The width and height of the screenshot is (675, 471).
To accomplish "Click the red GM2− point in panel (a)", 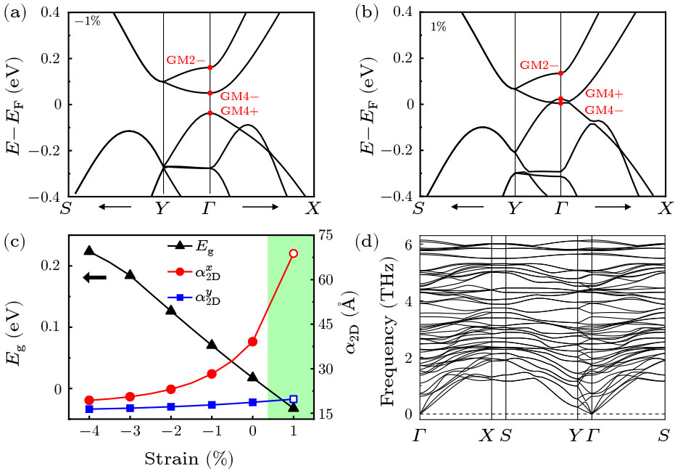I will [210, 67].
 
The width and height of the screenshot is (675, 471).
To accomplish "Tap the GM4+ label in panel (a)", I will [240, 111].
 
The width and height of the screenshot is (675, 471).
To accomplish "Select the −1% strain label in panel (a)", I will [87, 21].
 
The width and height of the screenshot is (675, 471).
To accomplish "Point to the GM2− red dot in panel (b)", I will [561, 73].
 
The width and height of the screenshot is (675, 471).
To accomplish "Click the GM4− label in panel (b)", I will [605, 110].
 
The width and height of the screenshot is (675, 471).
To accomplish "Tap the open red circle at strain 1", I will [294, 253].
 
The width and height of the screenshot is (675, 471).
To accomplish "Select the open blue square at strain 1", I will [294, 399].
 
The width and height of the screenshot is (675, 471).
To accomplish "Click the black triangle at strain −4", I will [89, 250].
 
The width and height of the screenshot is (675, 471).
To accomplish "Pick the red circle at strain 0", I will [253, 341].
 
